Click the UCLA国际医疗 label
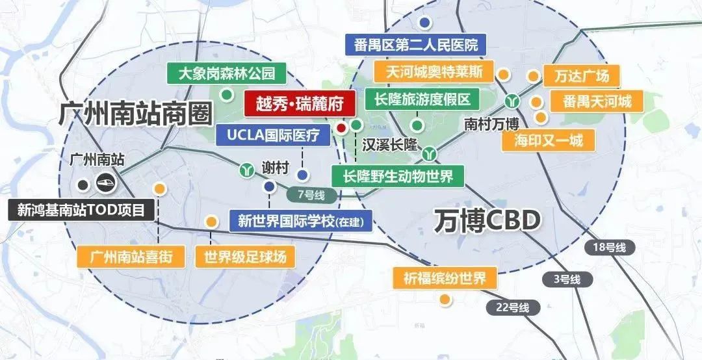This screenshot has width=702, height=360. click(x=274, y=135)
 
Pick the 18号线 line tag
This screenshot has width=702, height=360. click(x=610, y=247)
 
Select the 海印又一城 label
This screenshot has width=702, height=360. click(x=549, y=140)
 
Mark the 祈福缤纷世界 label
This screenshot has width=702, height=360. click(x=445, y=279)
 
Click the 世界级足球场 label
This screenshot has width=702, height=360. click(x=245, y=256)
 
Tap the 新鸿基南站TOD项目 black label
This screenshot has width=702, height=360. click(x=81, y=210)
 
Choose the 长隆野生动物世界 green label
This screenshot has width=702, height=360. click(x=398, y=175)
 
